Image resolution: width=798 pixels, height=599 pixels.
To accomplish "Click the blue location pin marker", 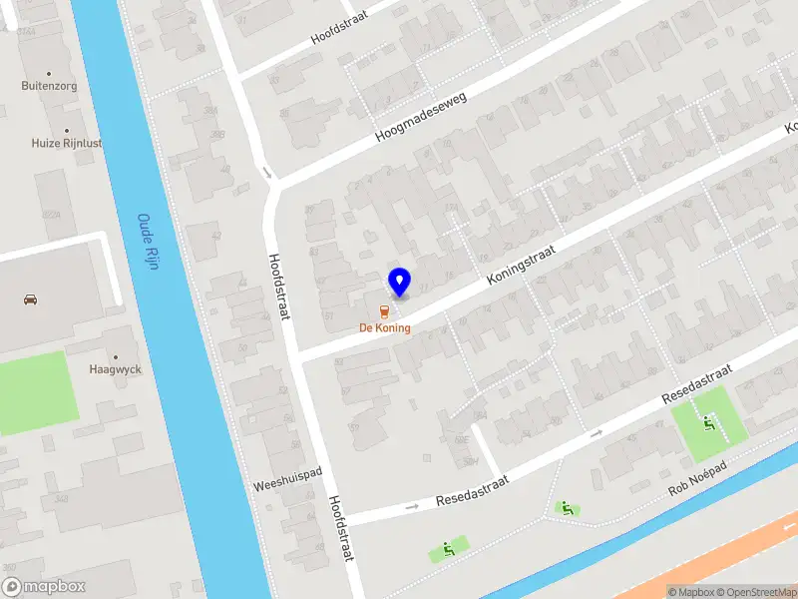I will [x=399, y=282].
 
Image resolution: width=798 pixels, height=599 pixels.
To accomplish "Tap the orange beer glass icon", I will [x=385, y=310].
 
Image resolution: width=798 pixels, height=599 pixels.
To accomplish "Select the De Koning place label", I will [x=385, y=327].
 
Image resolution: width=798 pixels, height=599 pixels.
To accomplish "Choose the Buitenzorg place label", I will [x=49, y=86].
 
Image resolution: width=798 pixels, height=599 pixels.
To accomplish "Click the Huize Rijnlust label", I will [x=66, y=143].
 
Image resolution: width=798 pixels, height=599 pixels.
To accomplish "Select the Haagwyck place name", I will [x=115, y=368].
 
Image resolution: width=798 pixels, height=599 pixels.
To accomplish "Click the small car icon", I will [x=30, y=299].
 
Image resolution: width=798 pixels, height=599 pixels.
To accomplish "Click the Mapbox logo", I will [x=43, y=587].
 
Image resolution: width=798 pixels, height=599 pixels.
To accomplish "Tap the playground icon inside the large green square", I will [x=709, y=423].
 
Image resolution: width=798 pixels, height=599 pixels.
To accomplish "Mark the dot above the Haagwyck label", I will [x=115, y=355].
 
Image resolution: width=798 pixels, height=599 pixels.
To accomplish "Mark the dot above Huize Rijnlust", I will [x=67, y=130].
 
